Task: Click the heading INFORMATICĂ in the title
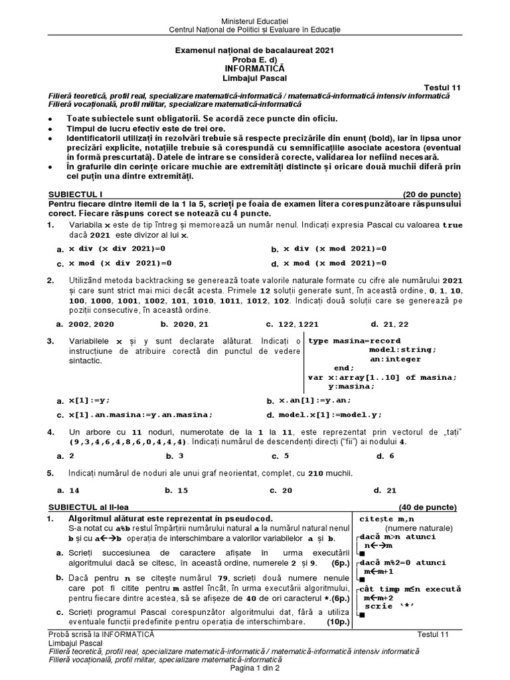(255, 68)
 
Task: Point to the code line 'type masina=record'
(355, 340)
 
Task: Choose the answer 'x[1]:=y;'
(90, 401)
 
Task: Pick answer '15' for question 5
(182, 491)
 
